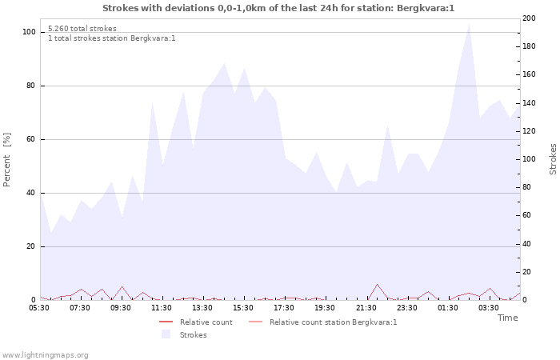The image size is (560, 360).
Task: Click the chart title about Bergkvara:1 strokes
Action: [278, 8]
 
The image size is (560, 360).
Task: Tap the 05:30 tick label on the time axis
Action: [40, 307]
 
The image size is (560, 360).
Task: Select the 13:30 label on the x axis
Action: [202, 307]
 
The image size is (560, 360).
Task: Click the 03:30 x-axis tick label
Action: [489, 307]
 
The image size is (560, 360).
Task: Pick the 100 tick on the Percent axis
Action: [29, 32]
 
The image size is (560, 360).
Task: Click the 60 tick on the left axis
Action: [30, 139]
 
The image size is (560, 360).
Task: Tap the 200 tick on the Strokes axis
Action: [530, 18]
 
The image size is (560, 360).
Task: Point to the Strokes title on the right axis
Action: [553, 158]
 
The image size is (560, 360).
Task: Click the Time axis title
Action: [507, 318]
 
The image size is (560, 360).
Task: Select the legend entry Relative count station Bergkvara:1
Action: [333, 322]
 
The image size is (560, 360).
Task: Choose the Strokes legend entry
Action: [193, 335]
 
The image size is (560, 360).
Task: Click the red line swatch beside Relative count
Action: [166, 322]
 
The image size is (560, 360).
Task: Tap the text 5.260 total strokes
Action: [82, 29]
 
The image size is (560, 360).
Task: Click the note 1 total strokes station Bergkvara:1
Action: [111, 38]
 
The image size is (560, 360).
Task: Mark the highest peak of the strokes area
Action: [469, 23]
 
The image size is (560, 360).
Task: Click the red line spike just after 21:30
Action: [377, 284]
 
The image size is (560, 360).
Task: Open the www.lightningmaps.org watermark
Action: [45, 354]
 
